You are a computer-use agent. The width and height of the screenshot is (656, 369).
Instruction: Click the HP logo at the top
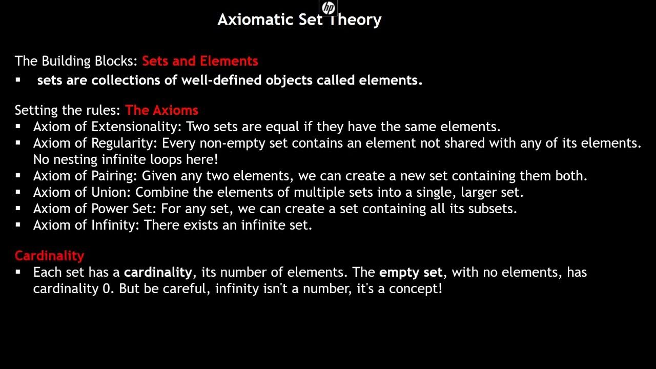pyautogui.click(x=328, y=8)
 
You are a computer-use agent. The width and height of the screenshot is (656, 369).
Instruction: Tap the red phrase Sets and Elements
pyautogui.click(x=200, y=61)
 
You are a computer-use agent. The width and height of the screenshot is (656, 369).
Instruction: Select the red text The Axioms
pyautogui.click(x=161, y=110)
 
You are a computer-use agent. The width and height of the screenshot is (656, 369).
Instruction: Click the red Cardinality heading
pyautogui.click(x=49, y=255)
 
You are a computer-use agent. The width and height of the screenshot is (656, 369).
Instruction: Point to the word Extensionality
pyautogui.click(x=135, y=126)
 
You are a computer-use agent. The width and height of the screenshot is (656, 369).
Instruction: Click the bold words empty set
pyautogui.click(x=411, y=272)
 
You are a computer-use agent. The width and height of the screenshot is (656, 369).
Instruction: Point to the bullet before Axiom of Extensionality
pyautogui.click(x=18, y=126)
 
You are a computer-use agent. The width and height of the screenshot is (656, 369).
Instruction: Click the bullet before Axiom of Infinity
pyautogui.click(x=18, y=224)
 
